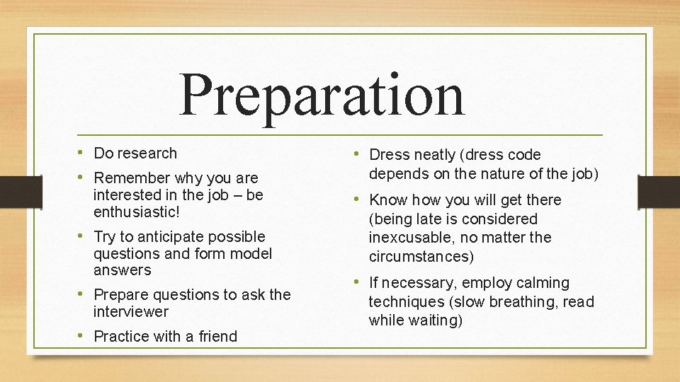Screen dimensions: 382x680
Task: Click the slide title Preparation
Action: coord(322,95)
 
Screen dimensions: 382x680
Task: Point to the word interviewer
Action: coord(131,312)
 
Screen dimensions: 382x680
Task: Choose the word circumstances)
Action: coord(421,256)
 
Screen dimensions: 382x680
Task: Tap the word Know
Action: coord(388,200)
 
